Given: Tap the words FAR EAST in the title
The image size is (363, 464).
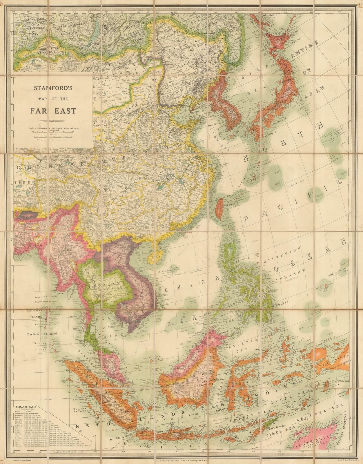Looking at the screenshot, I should tap(54, 111).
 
